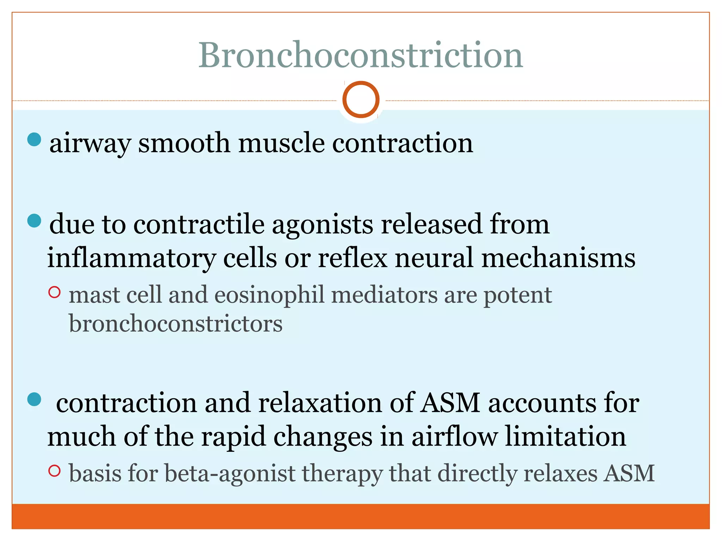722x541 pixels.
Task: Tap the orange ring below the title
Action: coord(361,99)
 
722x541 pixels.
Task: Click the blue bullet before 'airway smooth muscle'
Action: coord(34,139)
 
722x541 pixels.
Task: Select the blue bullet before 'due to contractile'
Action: coord(34,221)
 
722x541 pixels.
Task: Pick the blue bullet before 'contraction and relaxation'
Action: coord(34,399)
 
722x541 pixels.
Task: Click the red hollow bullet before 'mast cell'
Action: coord(54,292)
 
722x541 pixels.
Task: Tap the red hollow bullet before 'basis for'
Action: coord(54,471)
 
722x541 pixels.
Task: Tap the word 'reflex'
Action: coord(353,257)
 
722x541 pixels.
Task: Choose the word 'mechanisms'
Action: coord(558,257)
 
